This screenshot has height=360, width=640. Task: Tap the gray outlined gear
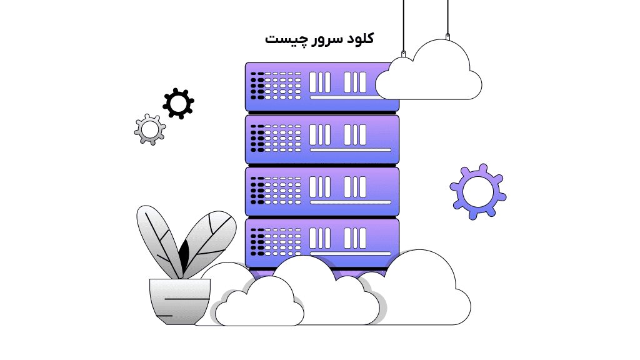tap(150, 129)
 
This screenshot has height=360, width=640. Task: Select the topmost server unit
tap(312, 86)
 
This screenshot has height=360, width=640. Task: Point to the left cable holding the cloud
tap(403, 25)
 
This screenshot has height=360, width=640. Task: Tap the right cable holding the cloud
tap(447, 19)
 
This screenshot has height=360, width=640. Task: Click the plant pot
tap(179, 300)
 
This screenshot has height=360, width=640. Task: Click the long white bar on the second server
tap(351, 150)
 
